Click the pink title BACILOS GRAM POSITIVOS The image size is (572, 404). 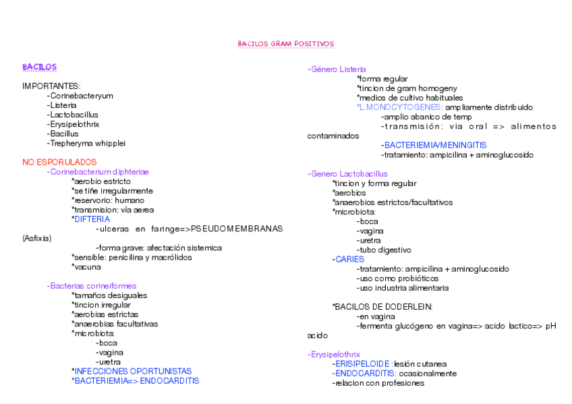click(x=285, y=44)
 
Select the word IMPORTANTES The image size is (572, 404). click(x=51, y=86)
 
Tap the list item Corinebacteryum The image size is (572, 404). click(x=80, y=96)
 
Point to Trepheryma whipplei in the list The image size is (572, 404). click(x=87, y=144)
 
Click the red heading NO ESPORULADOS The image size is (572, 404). click(x=59, y=163)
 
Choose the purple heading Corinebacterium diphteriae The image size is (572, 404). click(x=98, y=172)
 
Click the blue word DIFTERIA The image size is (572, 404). click(x=92, y=219)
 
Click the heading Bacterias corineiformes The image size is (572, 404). click(x=92, y=286)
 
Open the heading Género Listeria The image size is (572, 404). click(x=337, y=69)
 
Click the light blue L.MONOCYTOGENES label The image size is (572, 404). click(x=399, y=107)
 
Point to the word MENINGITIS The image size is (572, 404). click(x=463, y=145)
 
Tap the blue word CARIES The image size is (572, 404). click(x=349, y=259)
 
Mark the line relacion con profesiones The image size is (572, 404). click(x=378, y=383)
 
